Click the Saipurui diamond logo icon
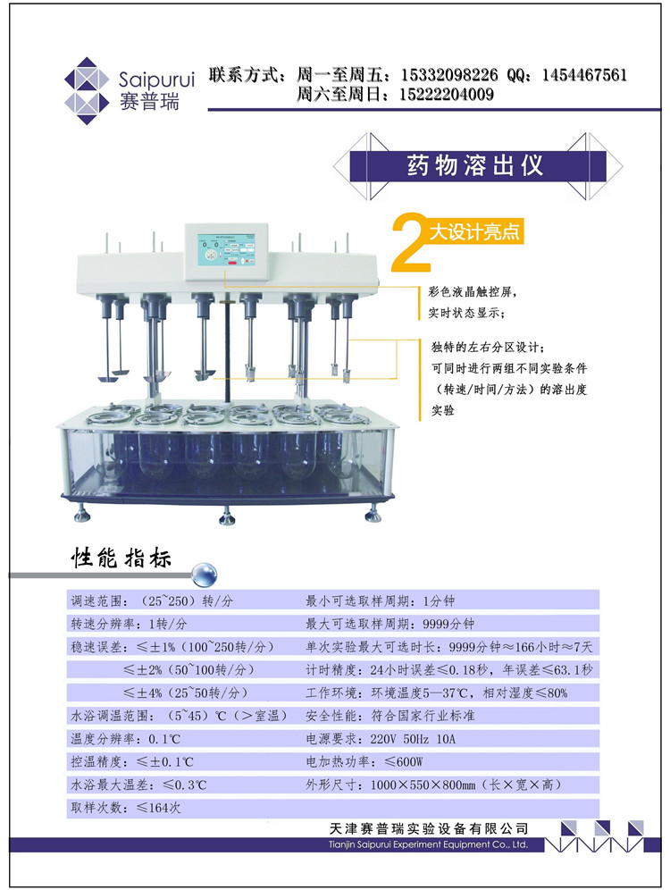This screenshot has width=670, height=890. (87, 91)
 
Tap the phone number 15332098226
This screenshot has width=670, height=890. (449, 75)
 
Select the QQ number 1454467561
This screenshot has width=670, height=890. (584, 75)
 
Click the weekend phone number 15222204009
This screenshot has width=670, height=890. (447, 94)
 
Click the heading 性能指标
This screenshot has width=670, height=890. (121, 558)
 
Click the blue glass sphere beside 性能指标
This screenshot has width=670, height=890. (205, 574)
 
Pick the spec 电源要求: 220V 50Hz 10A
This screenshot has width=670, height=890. (381, 739)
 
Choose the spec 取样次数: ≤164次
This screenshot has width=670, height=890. (125, 808)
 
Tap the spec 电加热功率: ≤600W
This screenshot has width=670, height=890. (364, 761)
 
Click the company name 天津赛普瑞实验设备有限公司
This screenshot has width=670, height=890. (429, 828)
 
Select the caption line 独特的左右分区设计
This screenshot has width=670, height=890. (488, 347)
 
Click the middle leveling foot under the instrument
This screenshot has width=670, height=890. (228, 516)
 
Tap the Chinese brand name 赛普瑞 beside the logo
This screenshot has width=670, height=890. (149, 102)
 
